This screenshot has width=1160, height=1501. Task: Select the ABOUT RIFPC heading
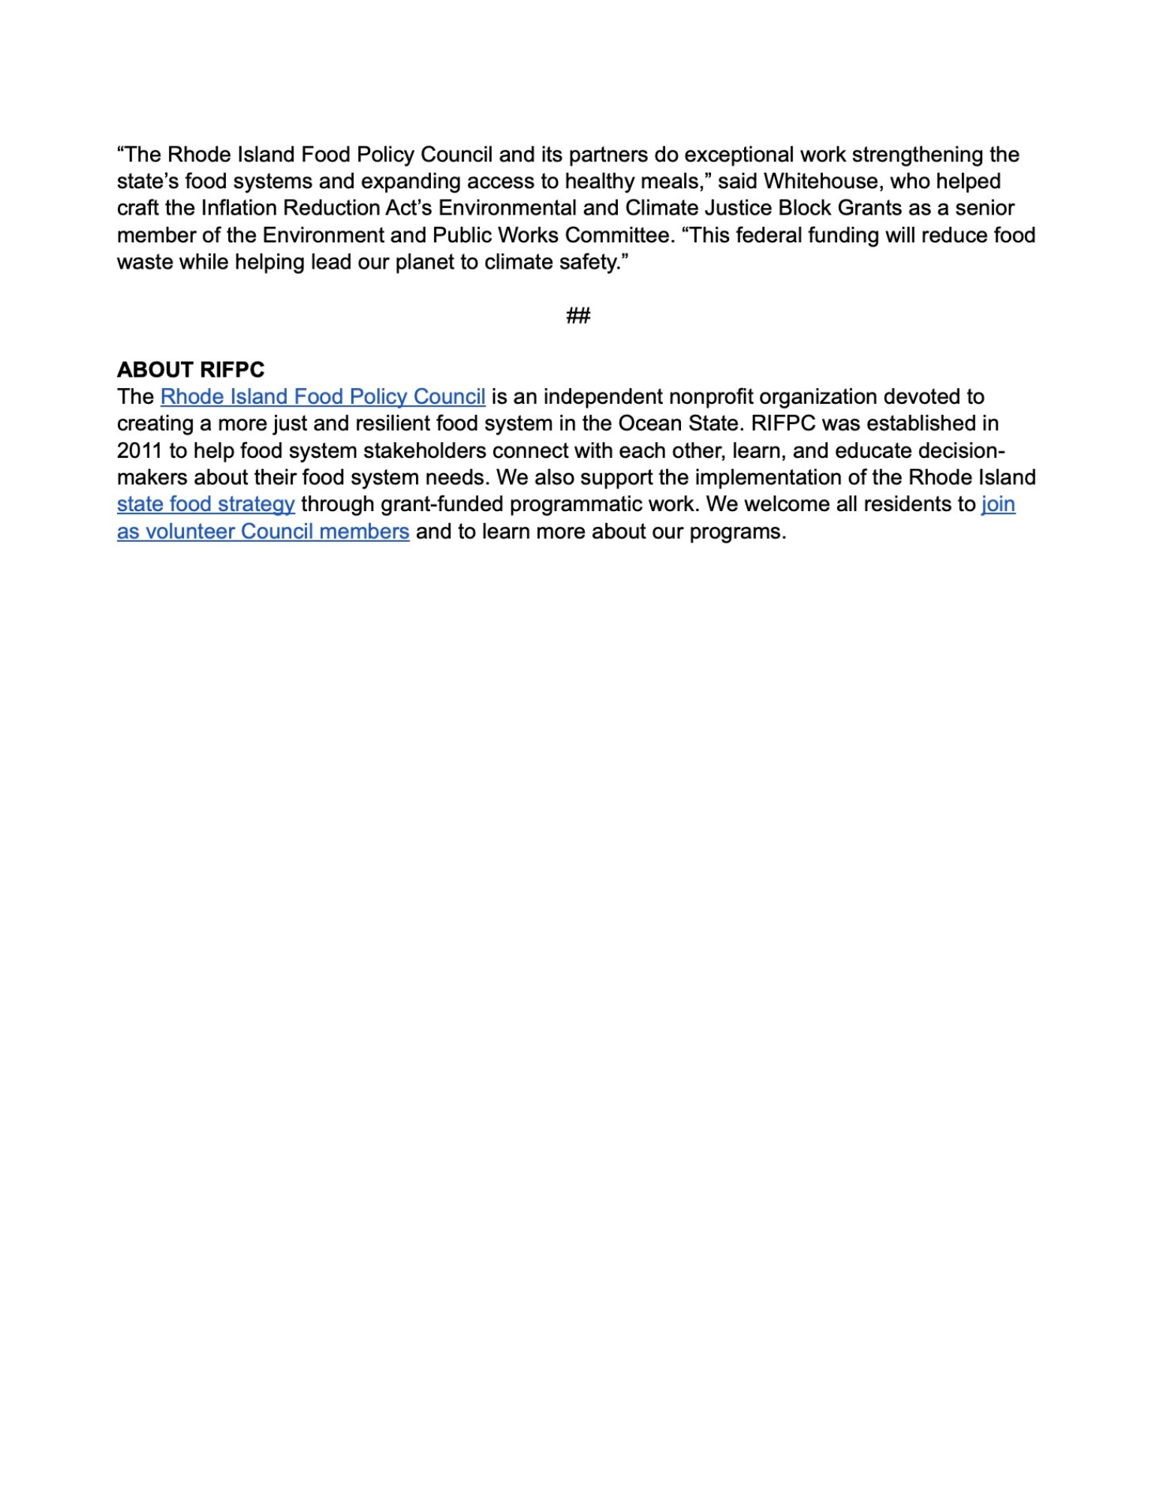coord(191,370)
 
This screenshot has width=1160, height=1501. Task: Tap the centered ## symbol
coord(578,315)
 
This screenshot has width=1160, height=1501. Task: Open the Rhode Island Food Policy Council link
coord(323,397)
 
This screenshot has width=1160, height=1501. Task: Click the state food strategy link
coord(206,504)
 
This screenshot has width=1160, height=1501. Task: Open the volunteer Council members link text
coord(263,531)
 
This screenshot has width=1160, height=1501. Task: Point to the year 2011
coord(140,451)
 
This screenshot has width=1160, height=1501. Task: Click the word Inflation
coord(237,209)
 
